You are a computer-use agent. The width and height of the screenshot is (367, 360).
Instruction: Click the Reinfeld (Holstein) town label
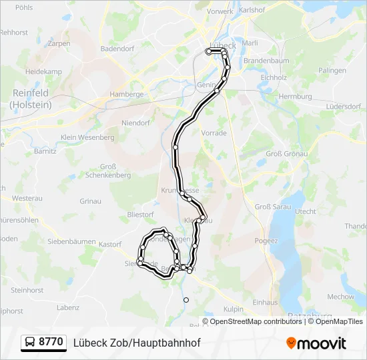click(x=30, y=99)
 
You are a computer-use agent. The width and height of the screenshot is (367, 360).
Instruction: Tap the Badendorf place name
click(x=117, y=49)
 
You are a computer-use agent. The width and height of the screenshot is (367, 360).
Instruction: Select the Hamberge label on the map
click(x=126, y=95)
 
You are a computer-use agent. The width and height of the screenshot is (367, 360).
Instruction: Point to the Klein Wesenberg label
click(x=87, y=137)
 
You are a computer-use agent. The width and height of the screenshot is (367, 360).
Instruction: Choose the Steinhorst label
click(x=27, y=290)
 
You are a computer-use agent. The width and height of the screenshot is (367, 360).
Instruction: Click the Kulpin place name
click(x=234, y=309)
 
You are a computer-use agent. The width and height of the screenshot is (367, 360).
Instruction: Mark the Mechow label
click(x=340, y=297)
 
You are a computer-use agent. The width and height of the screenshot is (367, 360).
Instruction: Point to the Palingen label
click(x=332, y=70)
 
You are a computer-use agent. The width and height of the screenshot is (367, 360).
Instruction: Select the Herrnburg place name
click(x=295, y=97)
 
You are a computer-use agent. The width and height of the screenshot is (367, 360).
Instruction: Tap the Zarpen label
click(x=59, y=43)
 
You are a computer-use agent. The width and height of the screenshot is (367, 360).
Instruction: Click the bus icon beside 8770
click(x=31, y=343)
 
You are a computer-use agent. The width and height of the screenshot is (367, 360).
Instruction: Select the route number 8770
click(x=51, y=343)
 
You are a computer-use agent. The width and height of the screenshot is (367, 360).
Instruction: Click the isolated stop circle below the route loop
click(x=186, y=300)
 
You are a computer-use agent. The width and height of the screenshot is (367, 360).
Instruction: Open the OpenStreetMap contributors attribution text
click(x=256, y=321)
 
